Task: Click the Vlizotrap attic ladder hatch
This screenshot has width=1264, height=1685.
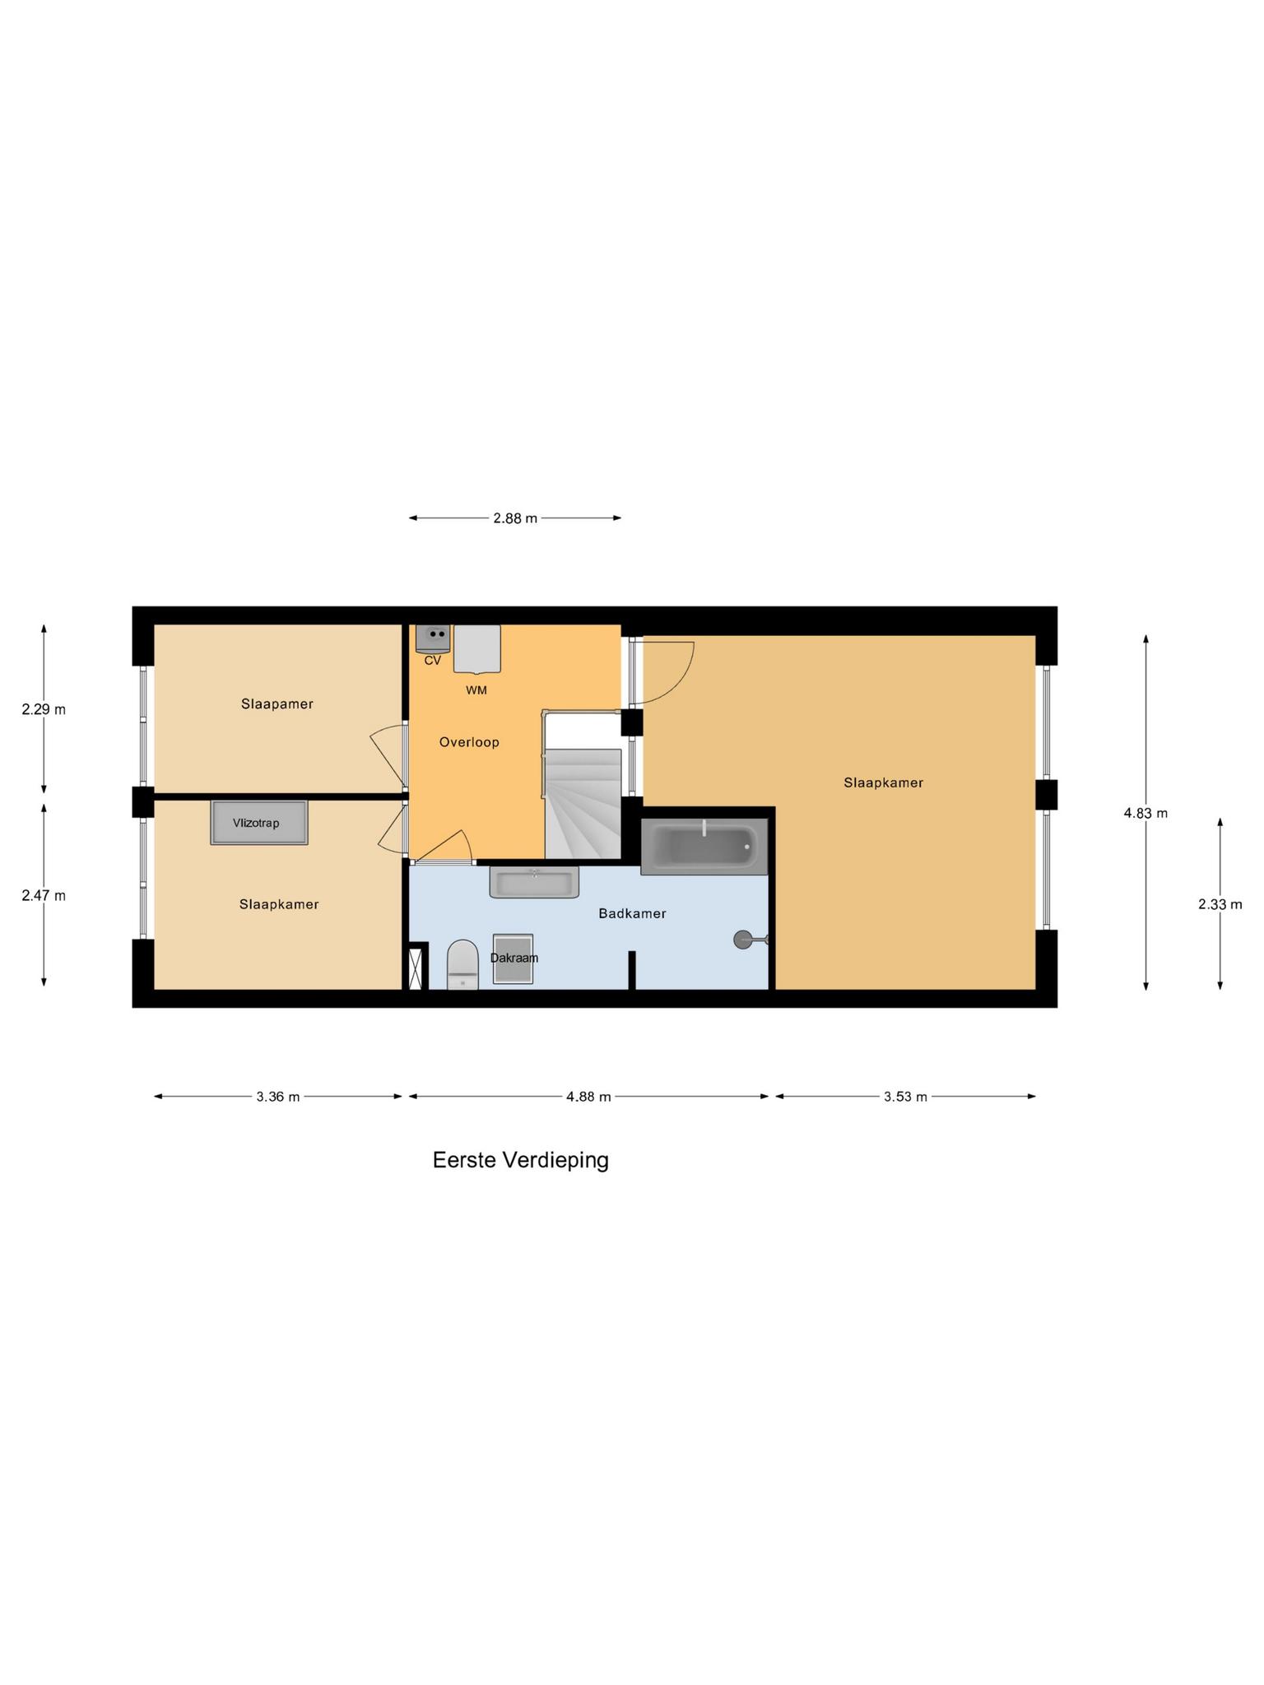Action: click(259, 822)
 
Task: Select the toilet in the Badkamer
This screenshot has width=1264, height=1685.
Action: click(462, 965)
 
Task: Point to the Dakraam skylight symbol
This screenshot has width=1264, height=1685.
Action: click(513, 959)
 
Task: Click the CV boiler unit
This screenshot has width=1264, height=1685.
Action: click(432, 638)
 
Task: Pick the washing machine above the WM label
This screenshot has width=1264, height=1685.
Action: click(477, 648)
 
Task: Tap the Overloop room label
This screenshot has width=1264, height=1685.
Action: click(469, 742)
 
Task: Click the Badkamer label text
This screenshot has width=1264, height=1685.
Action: click(632, 913)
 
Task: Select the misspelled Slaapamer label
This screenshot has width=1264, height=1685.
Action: click(277, 704)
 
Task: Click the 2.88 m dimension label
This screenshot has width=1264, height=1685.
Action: click(515, 518)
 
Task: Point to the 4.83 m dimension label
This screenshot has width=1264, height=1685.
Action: click(1145, 814)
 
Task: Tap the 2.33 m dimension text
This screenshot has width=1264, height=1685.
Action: click(1220, 904)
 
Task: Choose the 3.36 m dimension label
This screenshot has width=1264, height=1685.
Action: click(278, 1097)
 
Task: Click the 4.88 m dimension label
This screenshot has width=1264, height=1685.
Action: click(588, 1097)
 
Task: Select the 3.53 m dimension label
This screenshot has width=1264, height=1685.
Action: click(905, 1097)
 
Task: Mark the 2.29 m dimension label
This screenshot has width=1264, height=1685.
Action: click(44, 709)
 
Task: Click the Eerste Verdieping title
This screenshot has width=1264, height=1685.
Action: click(521, 1160)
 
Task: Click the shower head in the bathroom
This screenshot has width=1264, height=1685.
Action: click(746, 939)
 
